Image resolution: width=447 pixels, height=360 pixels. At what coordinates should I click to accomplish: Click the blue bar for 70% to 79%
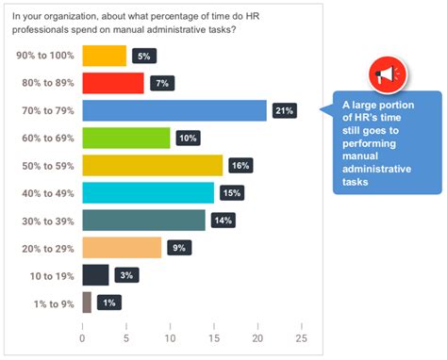(174, 110)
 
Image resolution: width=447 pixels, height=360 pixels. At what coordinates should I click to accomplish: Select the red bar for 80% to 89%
(113, 83)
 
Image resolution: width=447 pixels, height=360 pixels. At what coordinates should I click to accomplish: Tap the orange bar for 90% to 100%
(104, 56)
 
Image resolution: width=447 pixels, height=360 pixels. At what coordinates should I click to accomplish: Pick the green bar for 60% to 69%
(126, 138)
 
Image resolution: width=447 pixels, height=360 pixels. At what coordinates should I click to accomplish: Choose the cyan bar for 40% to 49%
(148, 192)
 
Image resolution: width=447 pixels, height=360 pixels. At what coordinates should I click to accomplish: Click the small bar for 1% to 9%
(87, 302)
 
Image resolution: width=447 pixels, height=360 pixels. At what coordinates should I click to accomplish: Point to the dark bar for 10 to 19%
(95, 274)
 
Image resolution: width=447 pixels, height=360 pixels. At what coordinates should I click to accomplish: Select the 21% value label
(284, 110)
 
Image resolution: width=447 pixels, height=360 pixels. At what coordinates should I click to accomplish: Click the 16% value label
(240, 165)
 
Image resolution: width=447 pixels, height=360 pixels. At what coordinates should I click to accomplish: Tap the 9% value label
(176, 247)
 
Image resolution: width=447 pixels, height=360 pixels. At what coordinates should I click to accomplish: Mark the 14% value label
(223, 220)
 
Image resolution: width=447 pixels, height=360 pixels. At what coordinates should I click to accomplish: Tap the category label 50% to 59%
(43, 165)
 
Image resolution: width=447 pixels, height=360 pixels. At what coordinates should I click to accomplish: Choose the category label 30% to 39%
(43, 220)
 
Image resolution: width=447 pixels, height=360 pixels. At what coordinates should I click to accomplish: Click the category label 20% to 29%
(43, 247)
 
